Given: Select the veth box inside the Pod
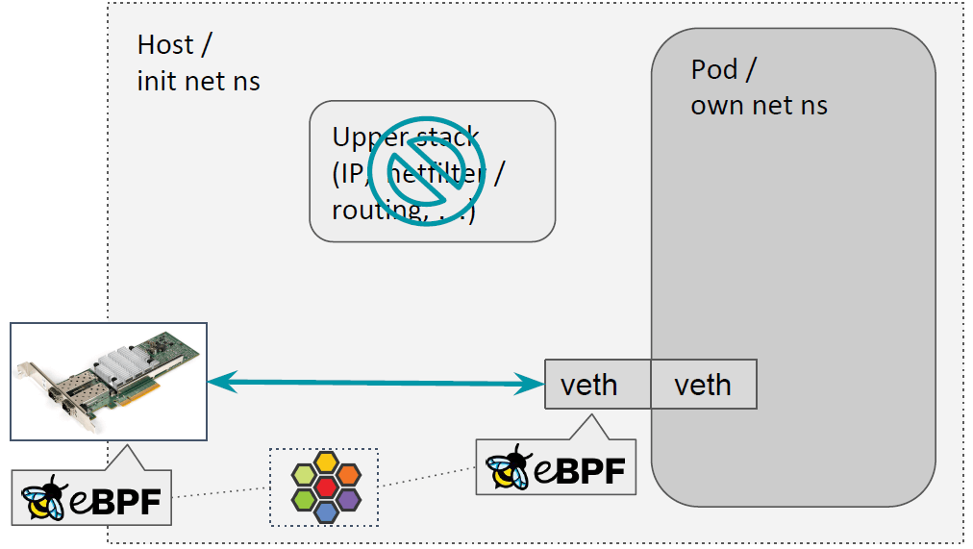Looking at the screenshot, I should coord(704,385).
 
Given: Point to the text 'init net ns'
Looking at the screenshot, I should coord(198,81).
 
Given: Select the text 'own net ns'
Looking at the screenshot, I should coord(759,105).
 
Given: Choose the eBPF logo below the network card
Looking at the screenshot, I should coord(92,497).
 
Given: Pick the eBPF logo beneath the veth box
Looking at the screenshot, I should coord(556,469).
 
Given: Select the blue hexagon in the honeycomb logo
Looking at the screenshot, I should coord(325,511).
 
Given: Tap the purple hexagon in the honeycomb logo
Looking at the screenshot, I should coord(348,499).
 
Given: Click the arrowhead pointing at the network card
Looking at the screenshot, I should coord(219,382).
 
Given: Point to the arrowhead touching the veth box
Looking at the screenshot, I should coord(532,385).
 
